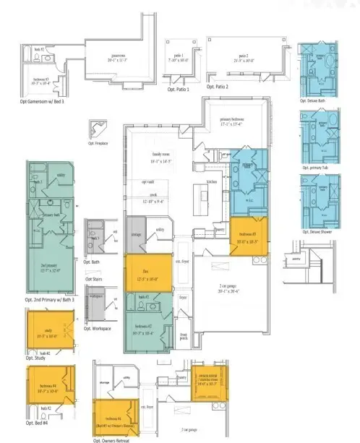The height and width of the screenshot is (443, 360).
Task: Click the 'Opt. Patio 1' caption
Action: click(x=178, y=90)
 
